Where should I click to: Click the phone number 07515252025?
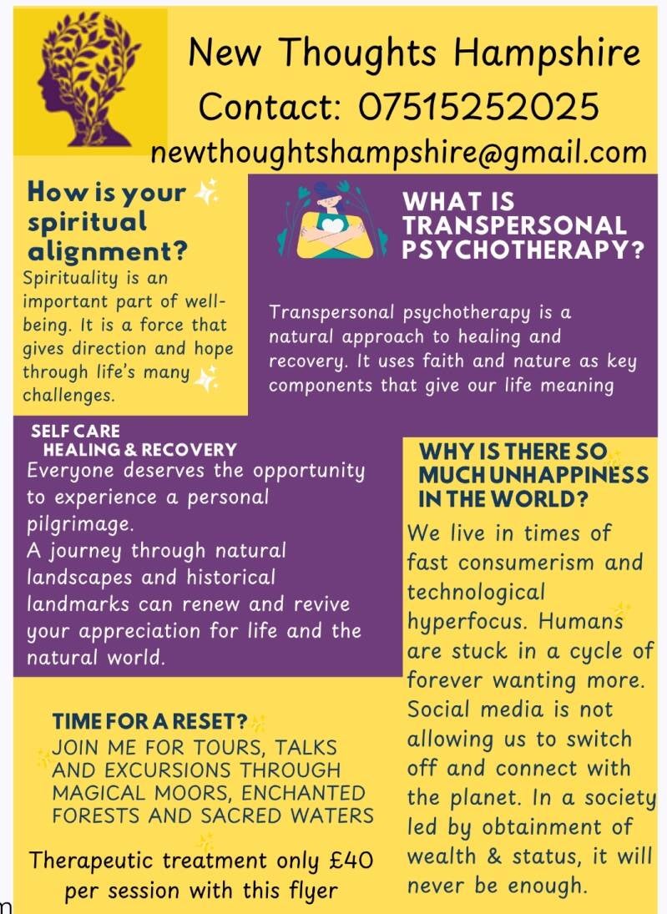click(479, 107)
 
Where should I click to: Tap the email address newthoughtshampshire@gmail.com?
click(398, 152)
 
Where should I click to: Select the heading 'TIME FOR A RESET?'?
click(150, 721)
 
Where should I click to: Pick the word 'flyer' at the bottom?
click(308, 890)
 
